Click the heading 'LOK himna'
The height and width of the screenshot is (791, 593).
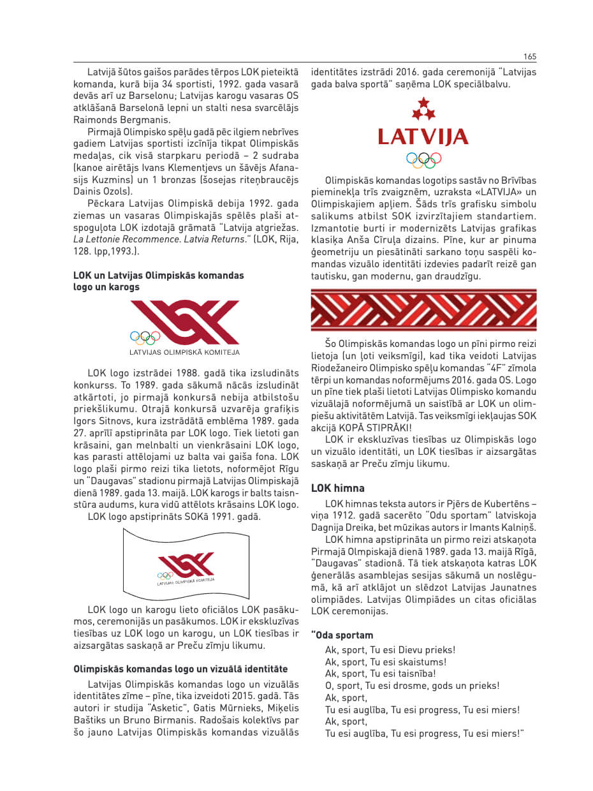tap(337, 488)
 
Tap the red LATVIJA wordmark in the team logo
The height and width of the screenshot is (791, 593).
tap(423, 137)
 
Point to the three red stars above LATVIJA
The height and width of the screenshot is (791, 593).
tap(423, 110)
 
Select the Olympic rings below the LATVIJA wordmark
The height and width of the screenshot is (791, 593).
tap(423, 159)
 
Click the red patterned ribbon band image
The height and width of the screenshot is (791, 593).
tap(423, 311)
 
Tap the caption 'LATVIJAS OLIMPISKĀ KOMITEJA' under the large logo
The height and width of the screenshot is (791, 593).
tap(185, 351)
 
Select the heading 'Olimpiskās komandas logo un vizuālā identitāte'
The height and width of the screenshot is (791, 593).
tap(180, 669)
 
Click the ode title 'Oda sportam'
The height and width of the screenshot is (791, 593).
tap(344, 635)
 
